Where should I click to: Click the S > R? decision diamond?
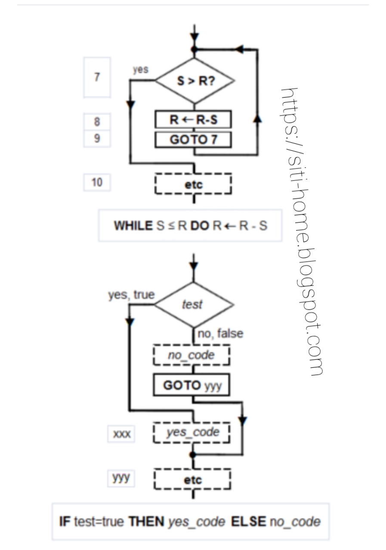click(x=195, y=80)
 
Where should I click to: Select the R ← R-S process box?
click(x=193, y=120)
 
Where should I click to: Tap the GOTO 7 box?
click(x=193, y=140)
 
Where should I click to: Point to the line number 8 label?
click(x=97, y=122)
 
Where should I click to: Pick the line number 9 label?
click(x=97, y=138)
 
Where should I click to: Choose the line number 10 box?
click(x=97, y=182)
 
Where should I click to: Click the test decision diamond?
click(x=193, y=305)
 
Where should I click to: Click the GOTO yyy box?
click(x=192, y=385)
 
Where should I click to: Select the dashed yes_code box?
click(x=192, y=432)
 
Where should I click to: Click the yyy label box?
click(x=121, y=478)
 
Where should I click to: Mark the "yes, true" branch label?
click(x=131, y=295)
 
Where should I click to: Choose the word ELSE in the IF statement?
click(x=248, y=522)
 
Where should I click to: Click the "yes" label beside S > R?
click(x=141, y=70)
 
